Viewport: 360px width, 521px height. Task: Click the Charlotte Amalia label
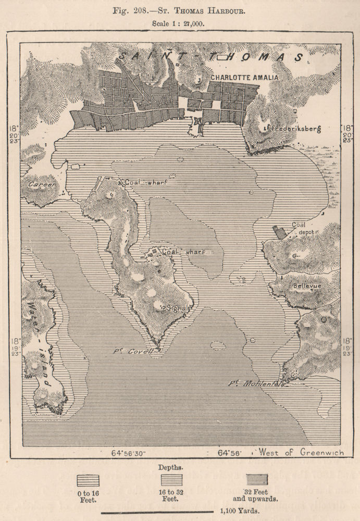click(244, 77)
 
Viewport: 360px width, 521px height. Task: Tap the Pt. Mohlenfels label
click(255, 384)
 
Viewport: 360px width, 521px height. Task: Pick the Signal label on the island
click(177, 308)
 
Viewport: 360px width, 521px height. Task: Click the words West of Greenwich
click(303, 452)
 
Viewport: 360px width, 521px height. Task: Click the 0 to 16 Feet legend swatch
click(88, 480)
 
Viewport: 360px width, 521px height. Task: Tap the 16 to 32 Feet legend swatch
click(171, 480)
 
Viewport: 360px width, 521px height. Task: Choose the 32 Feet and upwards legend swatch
click(257, 480)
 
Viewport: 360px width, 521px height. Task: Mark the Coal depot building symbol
click(280, 233)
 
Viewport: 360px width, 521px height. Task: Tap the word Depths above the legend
click(172, 466)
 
